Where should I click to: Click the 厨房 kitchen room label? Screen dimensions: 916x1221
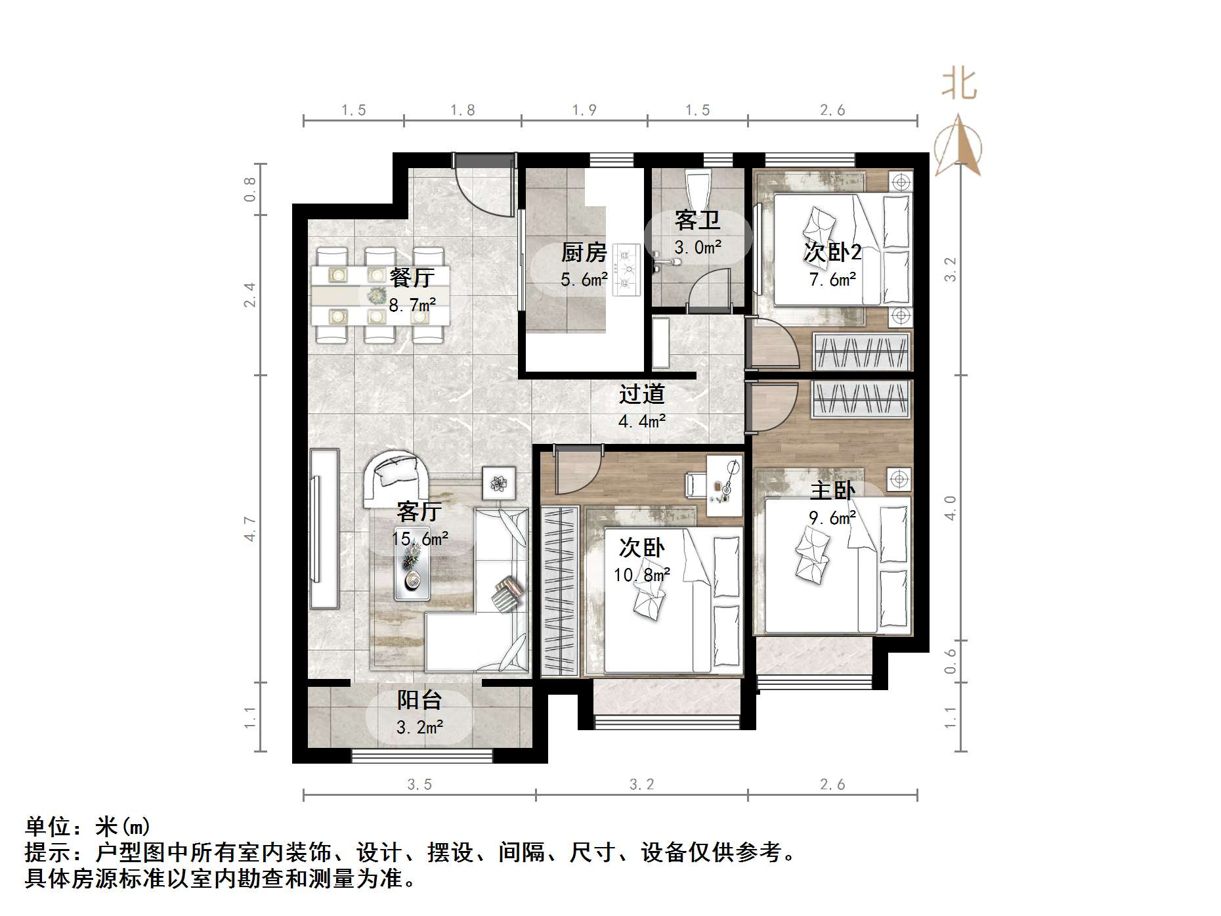tap(583, 253)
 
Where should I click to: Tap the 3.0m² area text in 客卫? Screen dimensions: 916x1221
tap(698, 248)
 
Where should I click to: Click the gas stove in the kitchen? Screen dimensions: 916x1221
tap(626, 269)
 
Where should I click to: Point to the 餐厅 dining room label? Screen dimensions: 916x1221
tap(412, 278)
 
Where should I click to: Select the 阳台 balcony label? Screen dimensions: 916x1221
tap(419, 700)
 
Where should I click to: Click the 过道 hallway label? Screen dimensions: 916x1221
tap(641, 394)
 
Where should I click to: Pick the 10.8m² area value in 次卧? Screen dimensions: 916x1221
tap(641, 576)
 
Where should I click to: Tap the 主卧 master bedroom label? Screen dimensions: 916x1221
tap(832, 491)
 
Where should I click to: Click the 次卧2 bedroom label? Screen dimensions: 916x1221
tap(832, 252)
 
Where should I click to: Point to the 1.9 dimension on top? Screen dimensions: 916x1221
tap(584, 110)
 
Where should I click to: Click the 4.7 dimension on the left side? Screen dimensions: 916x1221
tap(249, 529)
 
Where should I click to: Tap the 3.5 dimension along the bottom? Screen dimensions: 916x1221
tap(419, 784)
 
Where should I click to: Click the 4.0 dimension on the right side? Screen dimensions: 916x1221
tap(950, 508)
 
